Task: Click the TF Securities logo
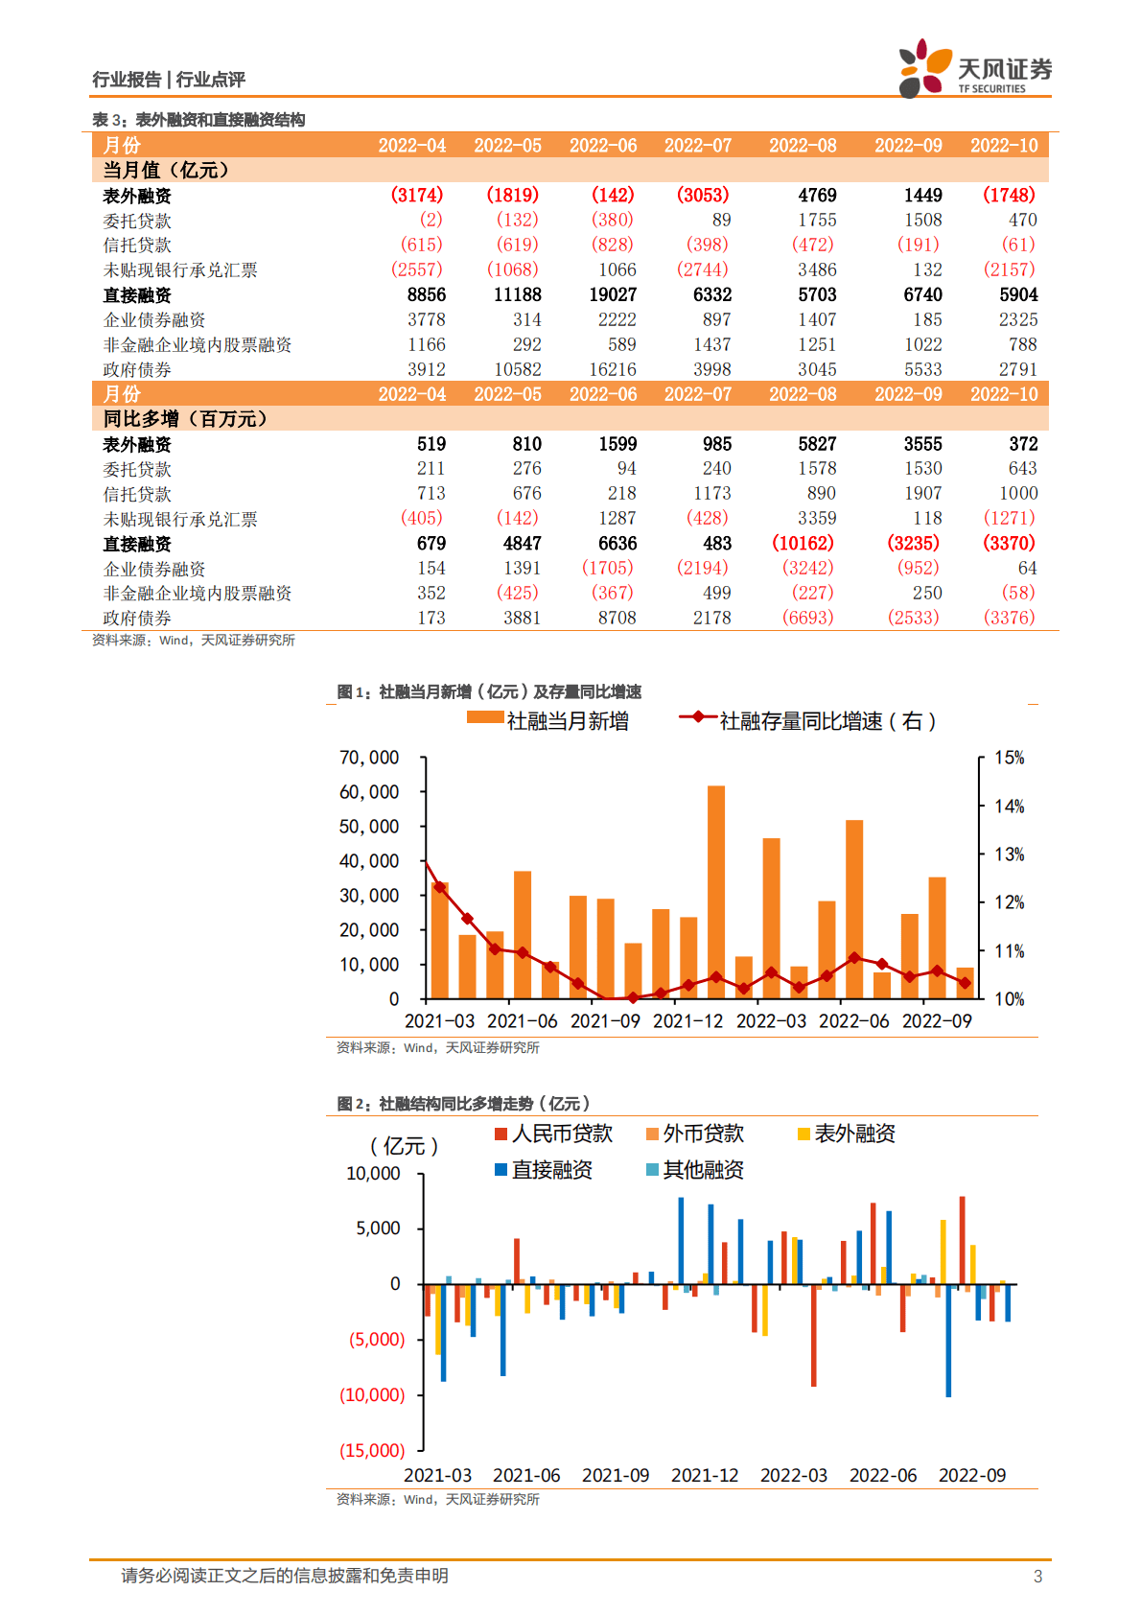[974, 68]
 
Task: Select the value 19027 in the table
[613, 294]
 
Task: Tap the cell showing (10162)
[803, 543]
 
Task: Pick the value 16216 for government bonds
[613, 369]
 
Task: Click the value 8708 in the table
[617, 618]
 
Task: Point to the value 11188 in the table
[518, 294]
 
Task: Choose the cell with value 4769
[817, 195]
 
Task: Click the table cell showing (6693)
[808, 618]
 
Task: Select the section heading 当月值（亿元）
[167, 170]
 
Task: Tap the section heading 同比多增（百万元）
[185, 418]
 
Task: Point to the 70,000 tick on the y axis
[369, 758]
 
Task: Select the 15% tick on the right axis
[1009, 758]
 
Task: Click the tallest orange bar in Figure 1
[716, 892]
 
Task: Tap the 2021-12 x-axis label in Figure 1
[687, 1021]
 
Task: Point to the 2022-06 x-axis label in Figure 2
[882, 1475]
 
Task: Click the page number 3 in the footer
[1037, 1576]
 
